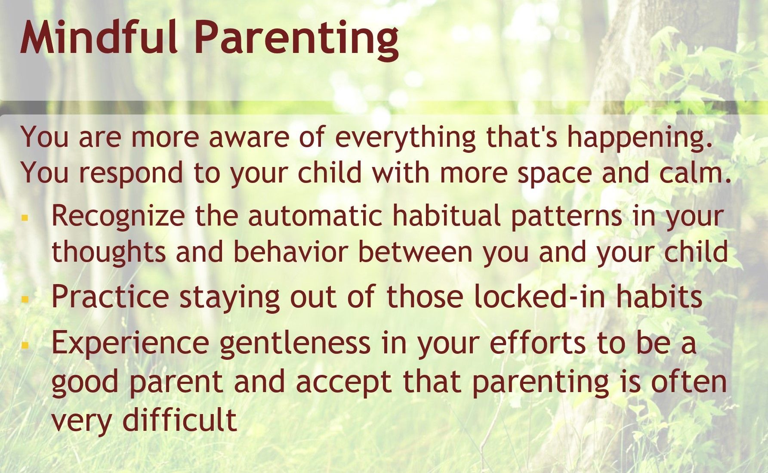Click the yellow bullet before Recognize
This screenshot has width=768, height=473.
[25, 218]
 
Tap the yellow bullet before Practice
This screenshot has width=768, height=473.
[25, 297]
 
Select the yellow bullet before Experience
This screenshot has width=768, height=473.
[25, 345]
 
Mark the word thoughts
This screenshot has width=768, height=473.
[108, 252]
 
